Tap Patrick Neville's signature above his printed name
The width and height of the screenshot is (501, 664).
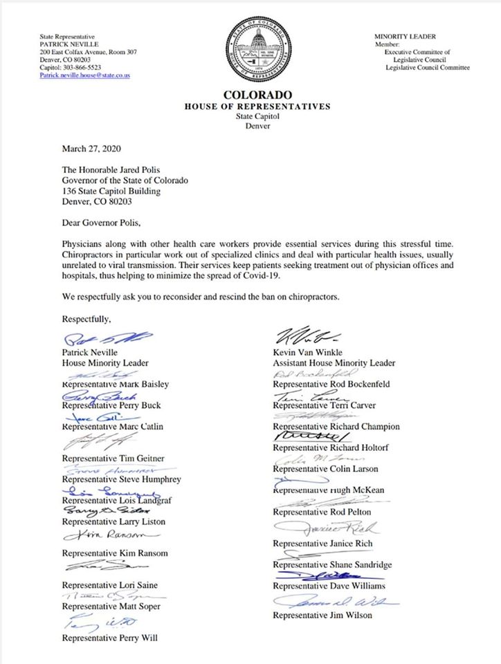100,340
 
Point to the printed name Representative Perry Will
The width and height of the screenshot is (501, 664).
109,638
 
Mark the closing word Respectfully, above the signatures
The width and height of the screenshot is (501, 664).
86,319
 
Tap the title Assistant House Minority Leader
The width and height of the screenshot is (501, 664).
334,362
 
